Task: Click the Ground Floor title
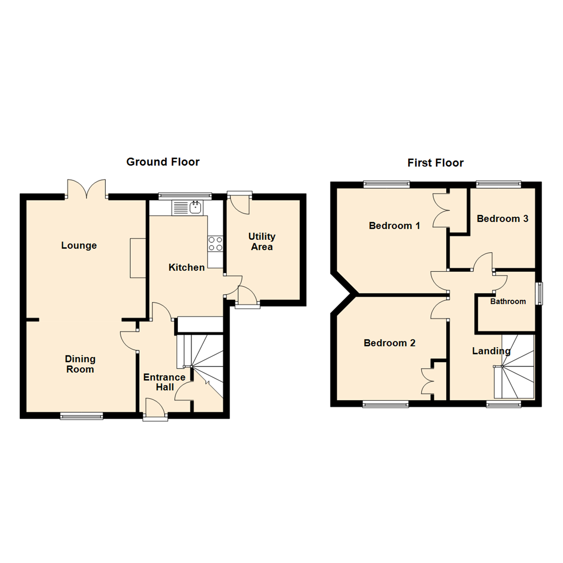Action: tap(163, 162)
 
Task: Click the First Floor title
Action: tap(435, 163)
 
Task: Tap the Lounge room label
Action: tap(79, 246)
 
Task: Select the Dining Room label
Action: tap(80, 364)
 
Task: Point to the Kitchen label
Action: tap(187, 267)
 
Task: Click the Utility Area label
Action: tap(262, 242)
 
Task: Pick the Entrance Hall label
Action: tap(164, 382)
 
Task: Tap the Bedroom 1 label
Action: tap(395, 226)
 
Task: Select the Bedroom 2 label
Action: tap(390, 343)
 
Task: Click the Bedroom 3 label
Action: tap(503, 219)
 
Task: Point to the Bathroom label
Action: tap(508, 301)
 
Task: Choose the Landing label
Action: tap(491, 351)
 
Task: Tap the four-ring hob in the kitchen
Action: tap(216, 243)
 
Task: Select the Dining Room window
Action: tap(81, 415)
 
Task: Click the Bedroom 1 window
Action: tap(386, 183)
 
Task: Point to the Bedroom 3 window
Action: tap(498, 183)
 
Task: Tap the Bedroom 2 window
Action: tap(386, 403)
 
